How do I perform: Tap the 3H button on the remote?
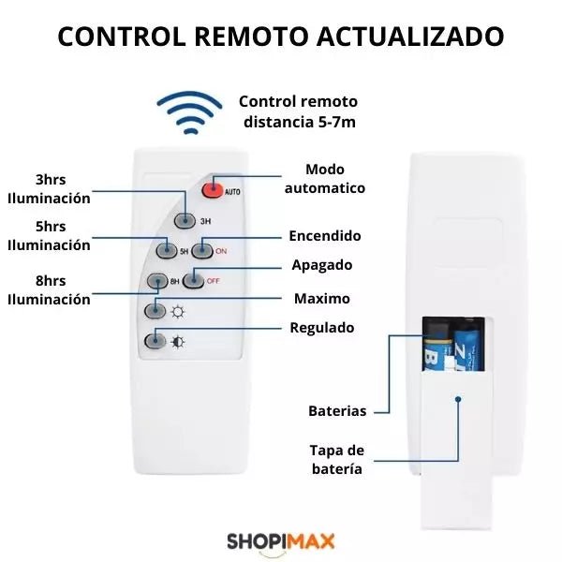point(185,220)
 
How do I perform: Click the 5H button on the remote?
point(167,250)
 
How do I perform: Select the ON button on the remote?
point(202,250)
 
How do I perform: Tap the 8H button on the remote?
point(157,281)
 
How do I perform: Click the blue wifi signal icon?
point(189,112)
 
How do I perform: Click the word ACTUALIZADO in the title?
point(410,37)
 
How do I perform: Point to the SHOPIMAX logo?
point(281,541)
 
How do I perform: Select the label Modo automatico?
point(325,179)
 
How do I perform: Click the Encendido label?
point(325,236)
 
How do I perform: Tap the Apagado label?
point(322,265)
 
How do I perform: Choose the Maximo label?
point(322,299)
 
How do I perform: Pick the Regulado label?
point(322,328)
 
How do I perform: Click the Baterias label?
point(337,411)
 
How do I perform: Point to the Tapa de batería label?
point(337,460)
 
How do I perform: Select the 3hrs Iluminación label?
point(49,189)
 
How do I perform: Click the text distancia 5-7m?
point(300,122)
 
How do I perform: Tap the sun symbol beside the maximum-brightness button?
point(178,312)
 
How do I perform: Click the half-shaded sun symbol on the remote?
point(178,342)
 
